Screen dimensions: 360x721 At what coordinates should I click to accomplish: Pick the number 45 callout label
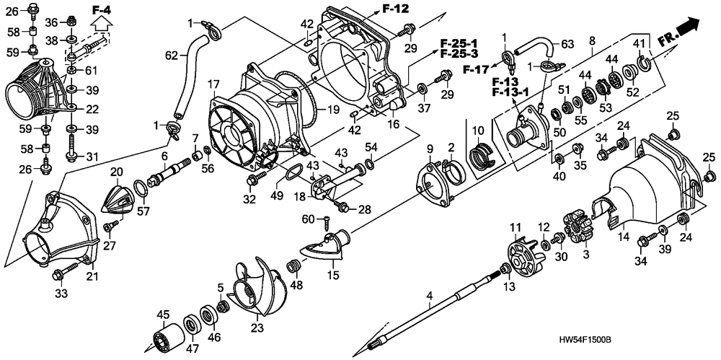164,314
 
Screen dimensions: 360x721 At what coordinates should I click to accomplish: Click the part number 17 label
214,84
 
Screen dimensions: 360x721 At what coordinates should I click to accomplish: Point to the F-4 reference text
102,9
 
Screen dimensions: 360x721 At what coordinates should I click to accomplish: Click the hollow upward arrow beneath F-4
102,25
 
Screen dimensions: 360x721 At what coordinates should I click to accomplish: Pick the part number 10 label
476,130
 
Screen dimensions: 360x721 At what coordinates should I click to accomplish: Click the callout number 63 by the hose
567,44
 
